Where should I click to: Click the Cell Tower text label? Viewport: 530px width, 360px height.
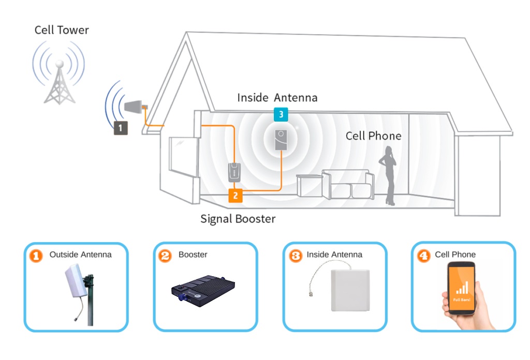(62, 30)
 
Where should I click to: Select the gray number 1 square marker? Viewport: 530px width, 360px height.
(120, 127)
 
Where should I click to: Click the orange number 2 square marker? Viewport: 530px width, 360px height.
(235, 196)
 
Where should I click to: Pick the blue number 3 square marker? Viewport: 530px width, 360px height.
(281, 114)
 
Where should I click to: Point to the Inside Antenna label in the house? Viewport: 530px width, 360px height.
(277, 97)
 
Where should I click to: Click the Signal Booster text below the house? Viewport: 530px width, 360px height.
(238, 219)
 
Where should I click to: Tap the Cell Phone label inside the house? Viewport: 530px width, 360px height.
(373, 136)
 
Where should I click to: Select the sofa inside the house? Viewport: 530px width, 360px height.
(347, 184)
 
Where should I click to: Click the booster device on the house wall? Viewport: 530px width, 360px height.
(235, 172)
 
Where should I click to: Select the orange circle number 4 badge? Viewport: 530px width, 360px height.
(423, 256)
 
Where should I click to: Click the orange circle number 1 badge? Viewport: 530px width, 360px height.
(36, 256)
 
